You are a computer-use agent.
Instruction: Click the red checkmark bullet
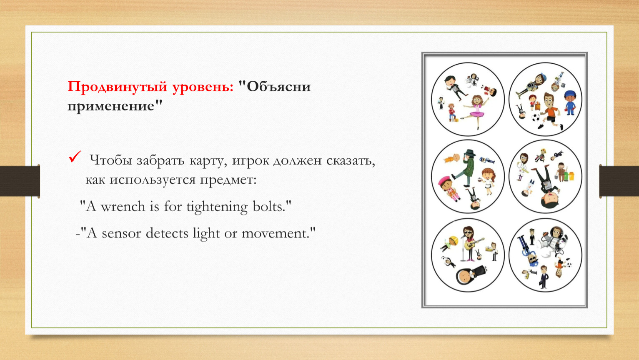point(75,157)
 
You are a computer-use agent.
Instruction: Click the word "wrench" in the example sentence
point(123,207)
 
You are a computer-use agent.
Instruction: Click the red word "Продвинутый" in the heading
point(118,87)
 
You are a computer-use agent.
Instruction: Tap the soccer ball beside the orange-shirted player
point(535,117)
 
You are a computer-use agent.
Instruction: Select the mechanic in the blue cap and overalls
point(570,102)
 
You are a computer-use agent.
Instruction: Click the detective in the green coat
point(465,168)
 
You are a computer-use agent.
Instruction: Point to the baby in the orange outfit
point(453,158)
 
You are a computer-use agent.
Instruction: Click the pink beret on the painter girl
point(444,180)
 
